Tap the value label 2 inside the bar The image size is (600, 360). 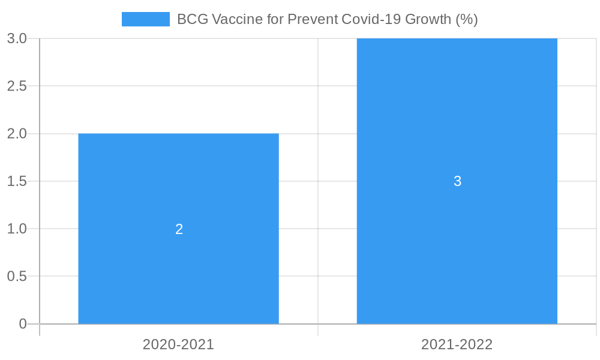coord(179,229)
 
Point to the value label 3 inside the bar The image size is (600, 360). coord(457,181)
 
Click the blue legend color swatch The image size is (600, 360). coord(145,19)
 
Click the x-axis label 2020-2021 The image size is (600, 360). coord(178,344)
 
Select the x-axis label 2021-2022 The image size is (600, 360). coord(457,344)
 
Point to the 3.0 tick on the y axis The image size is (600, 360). coord(17,38)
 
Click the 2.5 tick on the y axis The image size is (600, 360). coord(17,86)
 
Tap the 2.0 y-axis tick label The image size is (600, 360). coord(17,133)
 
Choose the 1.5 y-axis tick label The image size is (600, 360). coord(17,181)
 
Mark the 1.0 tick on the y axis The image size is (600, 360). coord(17,229)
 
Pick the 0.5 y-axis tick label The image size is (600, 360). coord(17,276)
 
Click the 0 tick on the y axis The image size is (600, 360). coord(23,324)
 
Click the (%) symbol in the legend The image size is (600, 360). coord(466,19)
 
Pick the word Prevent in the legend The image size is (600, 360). coord(313,19)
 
